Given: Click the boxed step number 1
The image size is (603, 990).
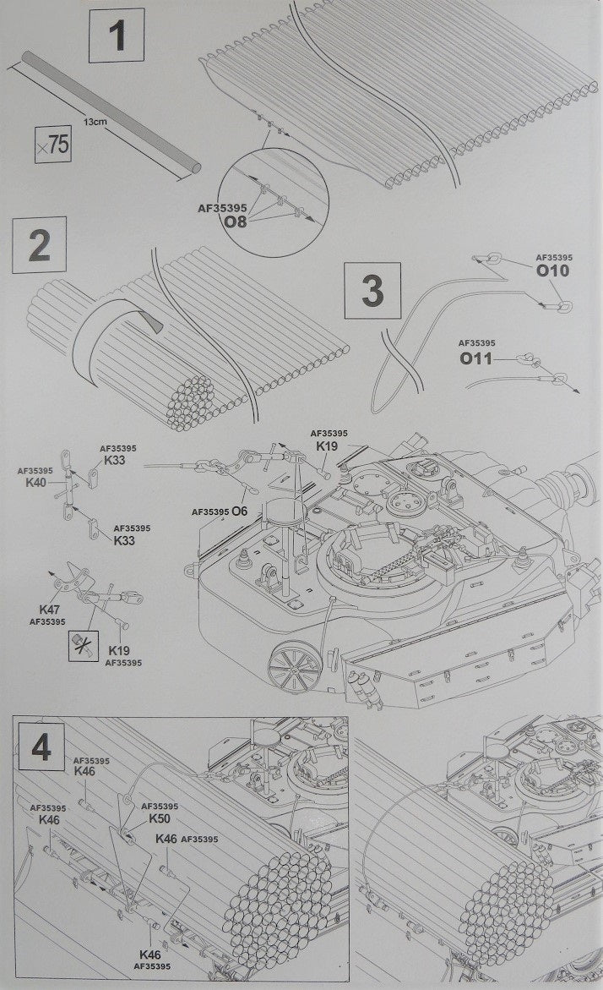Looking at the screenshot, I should click(x=117, y=36).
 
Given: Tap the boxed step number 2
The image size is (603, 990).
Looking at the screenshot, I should click(x=40, y=247).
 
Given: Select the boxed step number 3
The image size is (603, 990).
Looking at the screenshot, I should click(x=372, y=292).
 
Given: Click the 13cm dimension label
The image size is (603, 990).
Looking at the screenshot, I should click(x=95, y=123).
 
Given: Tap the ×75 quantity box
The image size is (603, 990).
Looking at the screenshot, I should click(x=54, y=145).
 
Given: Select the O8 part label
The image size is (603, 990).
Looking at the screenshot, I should click(x=235, y=222).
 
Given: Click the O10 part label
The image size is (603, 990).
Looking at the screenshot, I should click(x=553, y=271).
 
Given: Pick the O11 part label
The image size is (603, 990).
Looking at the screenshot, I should click(x=477, y=358).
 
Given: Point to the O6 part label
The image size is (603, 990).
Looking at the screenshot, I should click(x=240, y=511).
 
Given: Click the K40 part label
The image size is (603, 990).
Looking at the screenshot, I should click(x=35, y=482).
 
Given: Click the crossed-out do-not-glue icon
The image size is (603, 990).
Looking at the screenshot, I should click(x=82, y=647).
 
